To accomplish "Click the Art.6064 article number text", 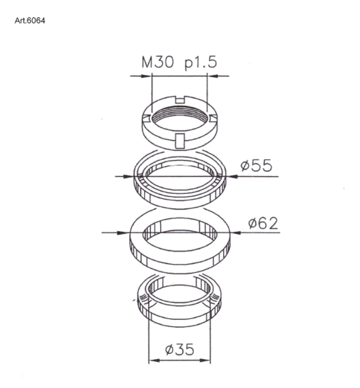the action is [x=30, y=20].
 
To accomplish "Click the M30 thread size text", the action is [x=158, y=62].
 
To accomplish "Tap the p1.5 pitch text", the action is [x=201, y=63].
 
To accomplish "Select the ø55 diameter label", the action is [x=256, y=165].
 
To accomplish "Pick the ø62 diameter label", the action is [x=263, y=223].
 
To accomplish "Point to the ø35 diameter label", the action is [x=180, y=349].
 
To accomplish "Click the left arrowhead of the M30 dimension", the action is [x=147, y=76].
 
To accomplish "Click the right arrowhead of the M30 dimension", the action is [x=213, y=76].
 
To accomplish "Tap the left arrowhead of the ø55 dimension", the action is [x=129, y=177].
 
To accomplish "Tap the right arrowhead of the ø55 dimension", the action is [x=231, y=177].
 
